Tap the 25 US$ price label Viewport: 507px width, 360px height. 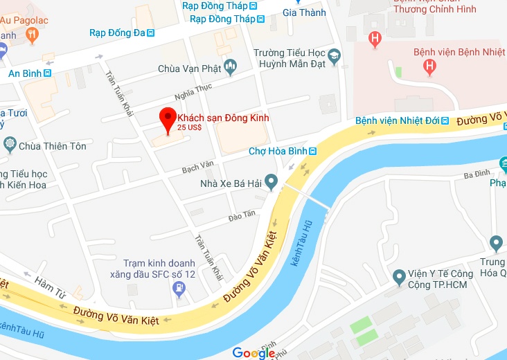[189, 127]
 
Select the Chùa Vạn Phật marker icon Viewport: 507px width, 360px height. [231, 67]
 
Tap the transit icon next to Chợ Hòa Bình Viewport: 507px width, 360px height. [313, 151]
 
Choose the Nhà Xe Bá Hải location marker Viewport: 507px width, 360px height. [272, 183]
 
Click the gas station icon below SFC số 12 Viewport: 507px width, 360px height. [179, 288]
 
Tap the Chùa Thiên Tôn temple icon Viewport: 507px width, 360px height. [10, 145]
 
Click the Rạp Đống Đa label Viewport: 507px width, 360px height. [117, 32]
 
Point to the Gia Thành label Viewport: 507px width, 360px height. [304, 12]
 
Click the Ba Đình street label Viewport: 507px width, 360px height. [477, 174]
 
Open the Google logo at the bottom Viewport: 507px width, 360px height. [254, 353]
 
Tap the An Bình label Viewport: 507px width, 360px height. [25, 73]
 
